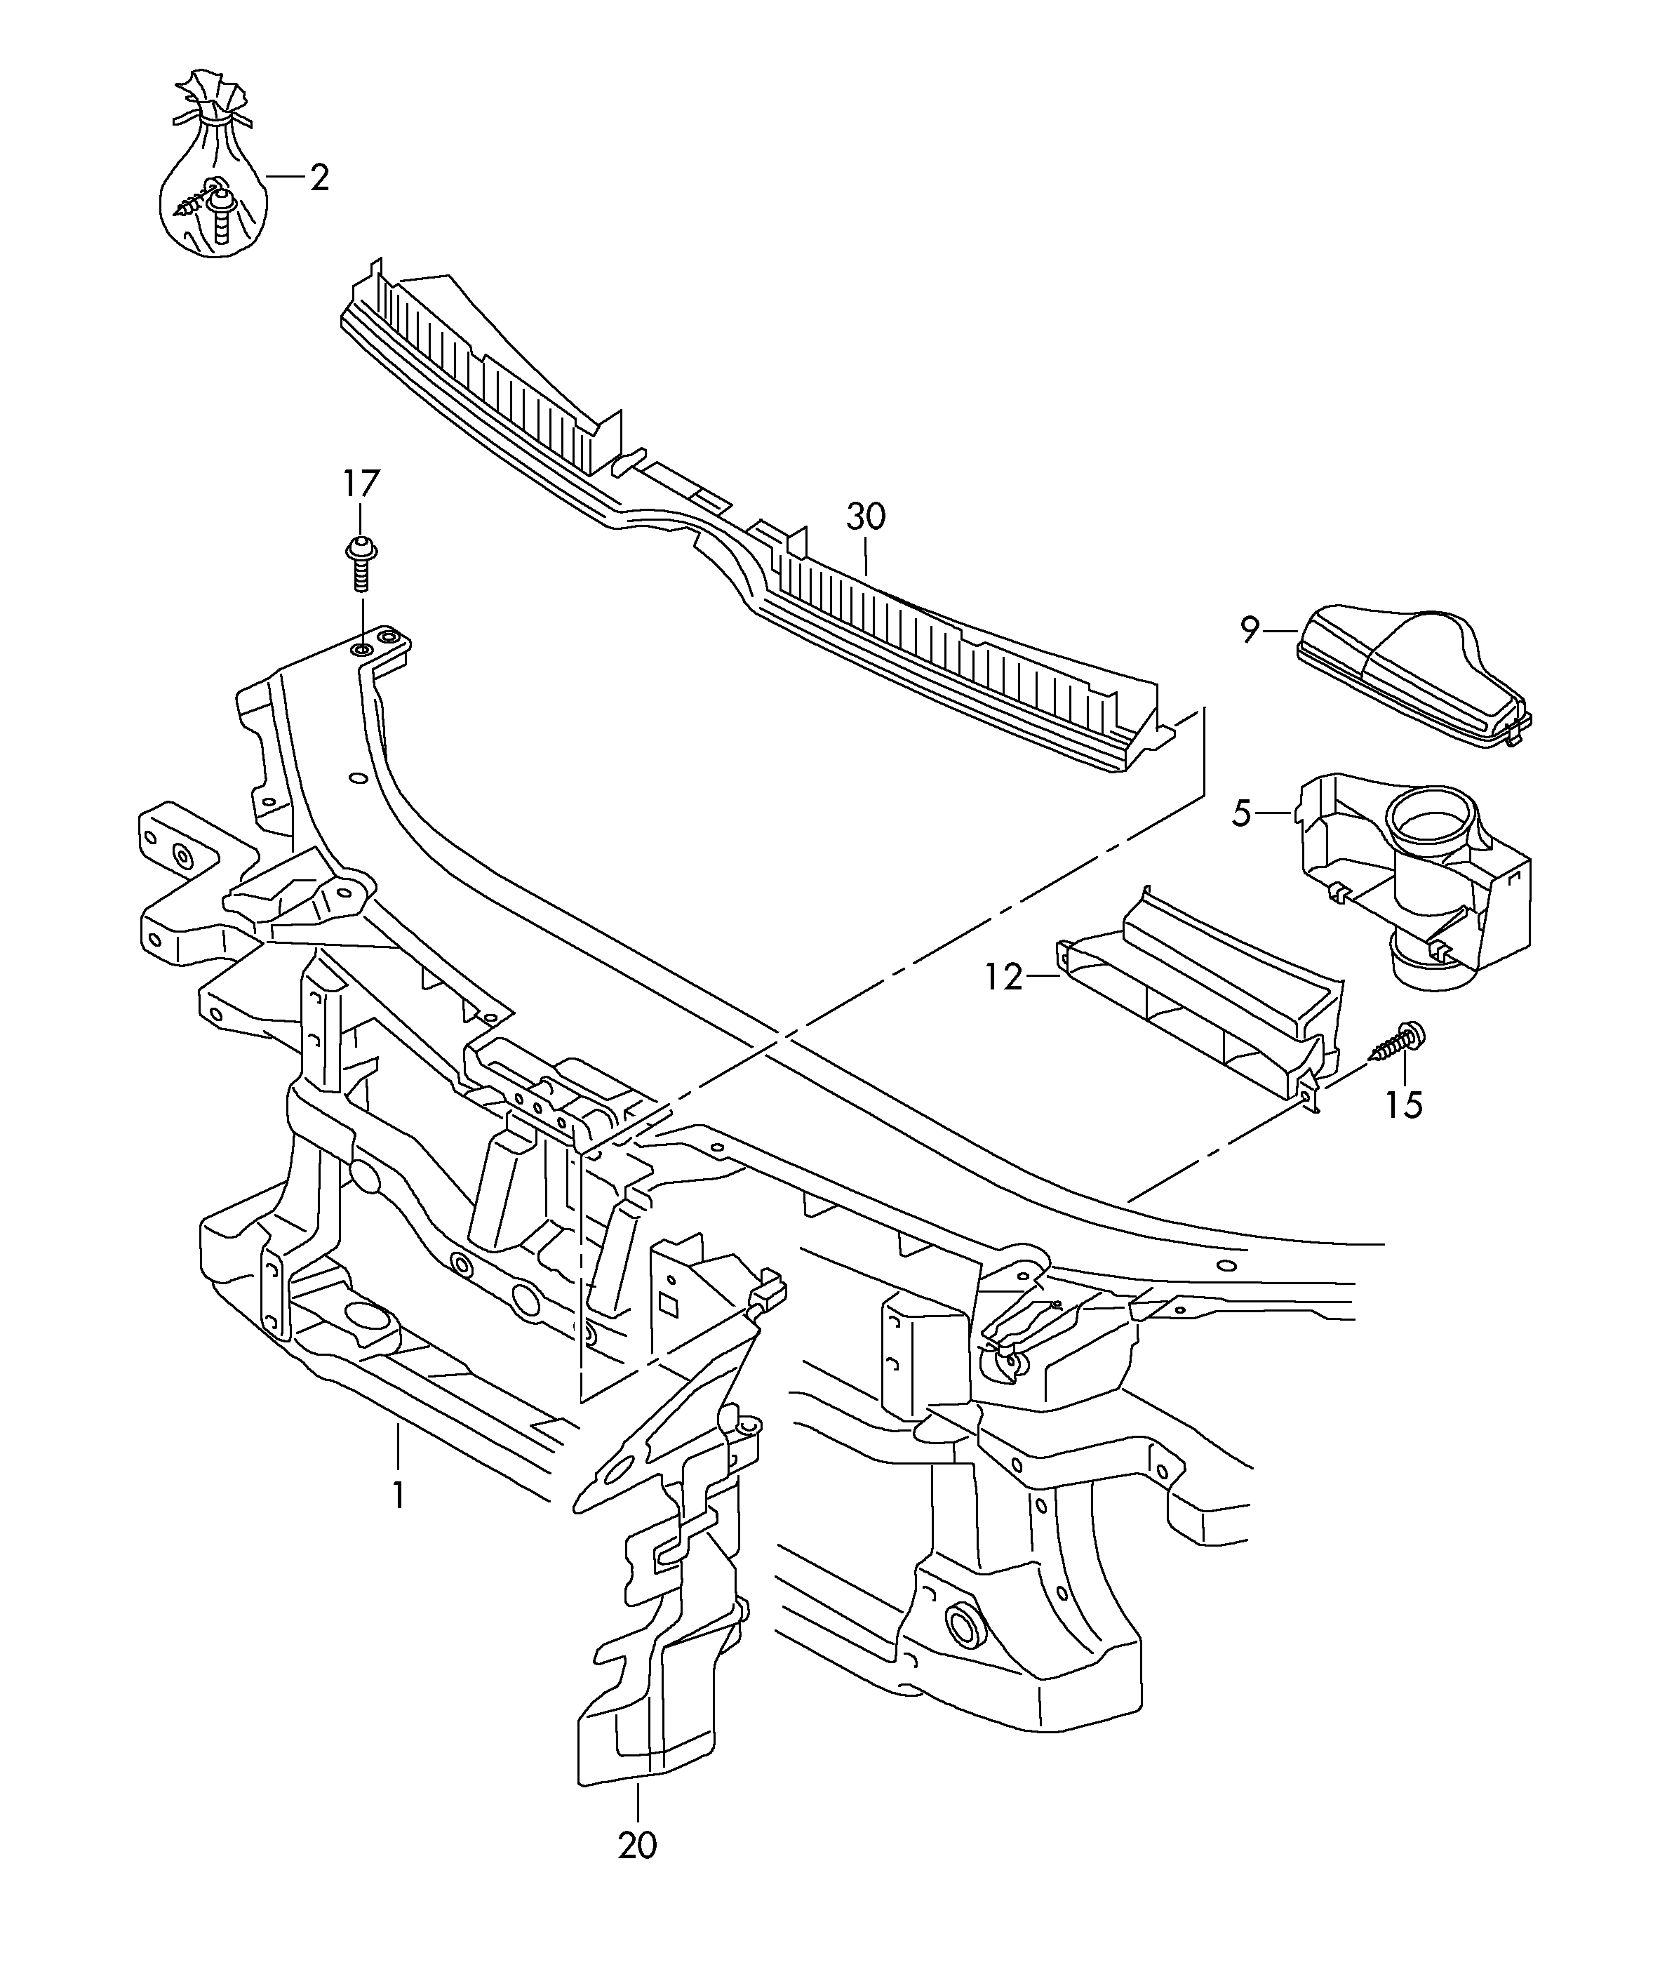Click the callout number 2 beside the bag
(320, 178)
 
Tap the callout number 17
(361, 484)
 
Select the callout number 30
(866, 517)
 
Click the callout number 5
(1242, 812)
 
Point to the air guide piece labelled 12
(1207, 1000)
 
